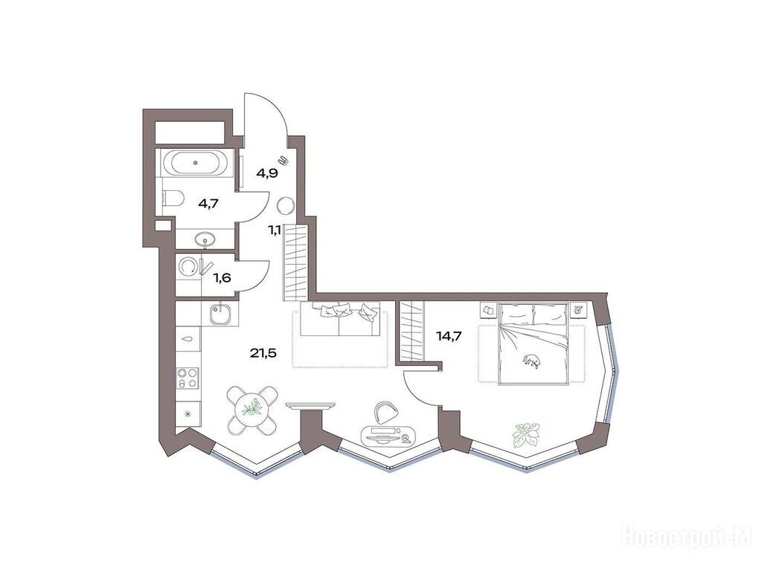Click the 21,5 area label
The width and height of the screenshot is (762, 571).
(263, 353)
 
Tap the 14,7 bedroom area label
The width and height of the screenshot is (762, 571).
(449, 335)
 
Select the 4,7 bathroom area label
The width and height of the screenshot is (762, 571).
(208, 203)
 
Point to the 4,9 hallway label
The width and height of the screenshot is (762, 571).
(267, 172)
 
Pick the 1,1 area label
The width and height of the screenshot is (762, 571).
(275, 231)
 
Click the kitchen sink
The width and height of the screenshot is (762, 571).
(223, 314)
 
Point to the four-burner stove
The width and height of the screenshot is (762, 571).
(188, 378)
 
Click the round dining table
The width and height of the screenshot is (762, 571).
(252, 410)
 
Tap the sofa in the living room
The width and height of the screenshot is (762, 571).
(340, 319)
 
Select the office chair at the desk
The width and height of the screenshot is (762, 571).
(386, 412)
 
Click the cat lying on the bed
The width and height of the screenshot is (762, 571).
(532, 361)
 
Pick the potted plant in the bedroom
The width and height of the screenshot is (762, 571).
(526, 434)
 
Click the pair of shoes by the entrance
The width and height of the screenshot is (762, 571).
(283, 161)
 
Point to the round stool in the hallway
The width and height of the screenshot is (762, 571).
(285, 206)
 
